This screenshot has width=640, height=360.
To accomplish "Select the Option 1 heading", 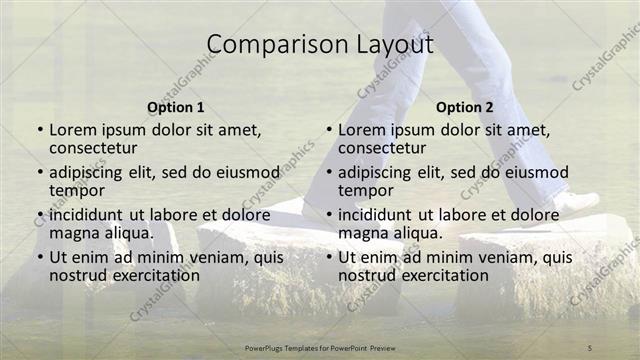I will (x=176, y=107).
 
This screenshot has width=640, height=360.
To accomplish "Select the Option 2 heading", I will (x=465, y=107).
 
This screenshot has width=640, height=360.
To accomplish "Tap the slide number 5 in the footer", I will (x=590, y=347).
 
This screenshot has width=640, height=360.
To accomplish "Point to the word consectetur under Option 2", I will (x=382, y=147).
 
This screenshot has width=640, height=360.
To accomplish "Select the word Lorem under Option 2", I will (x=362, y=130).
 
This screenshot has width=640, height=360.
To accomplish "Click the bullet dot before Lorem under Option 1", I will (x=40, y=130).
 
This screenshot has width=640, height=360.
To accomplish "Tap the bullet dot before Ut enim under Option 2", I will (x=329, y=258).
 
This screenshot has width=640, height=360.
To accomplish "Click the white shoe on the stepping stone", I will (x=575, y=202).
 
